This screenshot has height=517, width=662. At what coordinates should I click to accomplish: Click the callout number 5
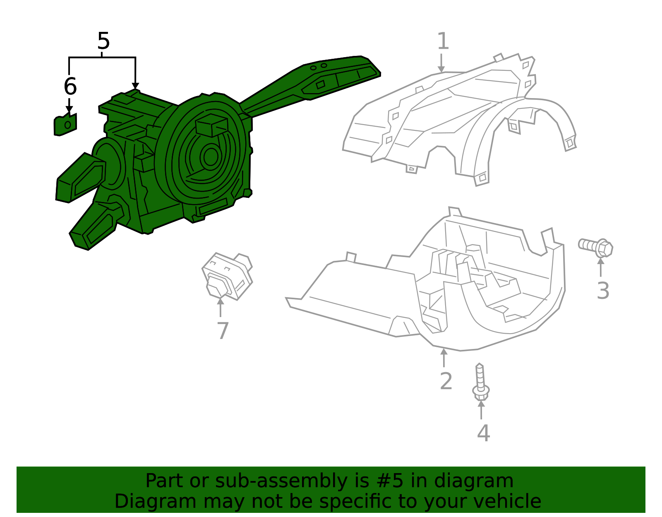click(103, 41)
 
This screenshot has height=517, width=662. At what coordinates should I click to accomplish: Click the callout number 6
click(70, 87)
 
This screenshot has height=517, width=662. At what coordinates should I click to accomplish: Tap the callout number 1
click(443, 41)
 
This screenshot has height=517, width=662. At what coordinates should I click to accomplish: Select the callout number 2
click(446, 381)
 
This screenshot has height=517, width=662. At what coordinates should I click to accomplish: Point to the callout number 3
click(603, 291)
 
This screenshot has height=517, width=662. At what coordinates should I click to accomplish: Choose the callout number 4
click(483, 433)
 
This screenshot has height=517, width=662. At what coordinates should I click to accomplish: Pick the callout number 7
click(223, 331)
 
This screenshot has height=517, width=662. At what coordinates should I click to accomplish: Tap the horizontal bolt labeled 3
click(596, 247)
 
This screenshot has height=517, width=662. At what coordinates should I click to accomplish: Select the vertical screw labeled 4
click(480, 383)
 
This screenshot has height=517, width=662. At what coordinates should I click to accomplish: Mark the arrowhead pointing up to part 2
click(444, 352)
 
